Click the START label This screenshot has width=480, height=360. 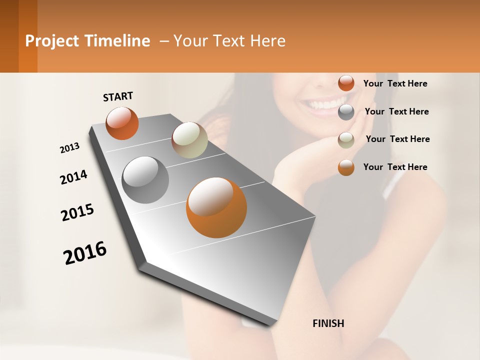118,96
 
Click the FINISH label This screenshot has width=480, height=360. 328,323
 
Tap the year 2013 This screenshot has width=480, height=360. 69,148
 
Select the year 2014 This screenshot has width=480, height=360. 73,177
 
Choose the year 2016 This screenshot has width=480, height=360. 85,252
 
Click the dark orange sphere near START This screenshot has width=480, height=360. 122,123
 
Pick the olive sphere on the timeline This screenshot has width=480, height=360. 189,140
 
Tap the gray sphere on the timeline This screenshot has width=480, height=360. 145,180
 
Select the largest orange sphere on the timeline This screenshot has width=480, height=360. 216,207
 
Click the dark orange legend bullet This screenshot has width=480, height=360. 346,83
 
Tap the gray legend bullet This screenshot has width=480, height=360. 346,112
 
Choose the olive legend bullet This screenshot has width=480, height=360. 346,140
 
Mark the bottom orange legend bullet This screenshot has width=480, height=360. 346,167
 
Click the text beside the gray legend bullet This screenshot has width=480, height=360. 396,111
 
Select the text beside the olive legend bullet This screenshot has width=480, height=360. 397,139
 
